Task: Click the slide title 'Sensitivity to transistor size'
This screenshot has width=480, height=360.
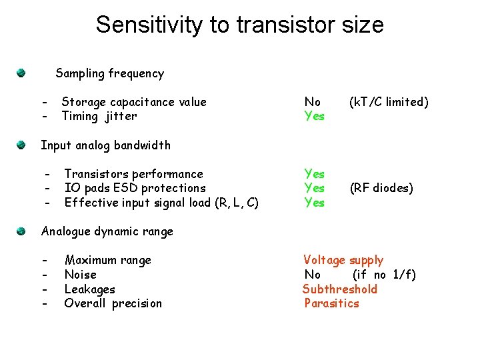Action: tap(239, 25)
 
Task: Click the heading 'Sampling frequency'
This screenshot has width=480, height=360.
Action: tap(109, 73)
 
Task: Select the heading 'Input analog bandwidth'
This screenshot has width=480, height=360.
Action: tap(105, 145)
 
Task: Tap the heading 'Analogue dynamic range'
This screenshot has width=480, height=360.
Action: tap(107, 232)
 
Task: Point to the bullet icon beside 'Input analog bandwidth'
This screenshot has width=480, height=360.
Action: tap(22, 144)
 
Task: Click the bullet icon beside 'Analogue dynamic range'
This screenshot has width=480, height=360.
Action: tap(22, 231)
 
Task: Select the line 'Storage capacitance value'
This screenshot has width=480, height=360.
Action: tap(134, 102)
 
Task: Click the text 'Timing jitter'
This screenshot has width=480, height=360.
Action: tap(99, 116)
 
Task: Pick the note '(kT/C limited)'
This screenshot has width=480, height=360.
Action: tap(389, 102)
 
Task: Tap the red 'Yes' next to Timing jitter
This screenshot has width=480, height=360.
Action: tap(314, 116)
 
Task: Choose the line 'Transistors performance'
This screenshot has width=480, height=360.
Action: tap(133, 174)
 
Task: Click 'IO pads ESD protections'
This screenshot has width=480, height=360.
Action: tap(135, 188)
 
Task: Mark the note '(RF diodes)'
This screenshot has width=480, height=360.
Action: tap(381, 188)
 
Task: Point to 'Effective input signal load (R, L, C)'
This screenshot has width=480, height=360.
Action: tap(161, 203)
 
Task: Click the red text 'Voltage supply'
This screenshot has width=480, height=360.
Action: tap(343, 260)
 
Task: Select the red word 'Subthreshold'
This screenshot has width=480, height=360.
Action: tap(340, 289)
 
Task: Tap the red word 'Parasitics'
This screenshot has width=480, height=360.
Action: tap(331, 303)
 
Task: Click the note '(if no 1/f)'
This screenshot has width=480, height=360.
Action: tap(384, 275)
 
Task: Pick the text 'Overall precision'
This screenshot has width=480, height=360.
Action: tap(113, 303)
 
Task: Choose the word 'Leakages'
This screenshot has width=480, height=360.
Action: tap(89, 289)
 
